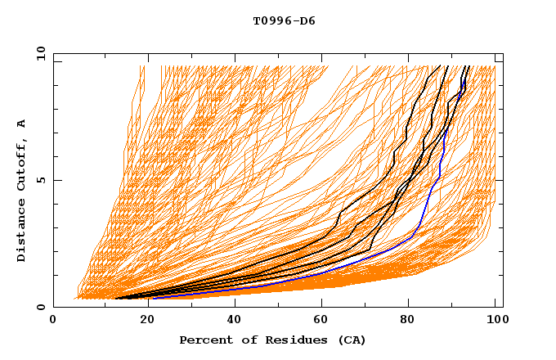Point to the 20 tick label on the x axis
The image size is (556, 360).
click(x=142, y=321)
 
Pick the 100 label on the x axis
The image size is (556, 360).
click(x=495, y=321)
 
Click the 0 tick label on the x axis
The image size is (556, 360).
click(x=54, y=321)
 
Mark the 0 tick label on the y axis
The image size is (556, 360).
click(x=40, y=307)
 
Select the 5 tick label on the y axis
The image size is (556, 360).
click(x=40, y=180)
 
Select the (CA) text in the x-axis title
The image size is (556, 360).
click(x=352, y=340)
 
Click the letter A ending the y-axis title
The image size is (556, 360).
click(x=22, y=124)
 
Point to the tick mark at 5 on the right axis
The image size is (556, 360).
click(x=499, y=180)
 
